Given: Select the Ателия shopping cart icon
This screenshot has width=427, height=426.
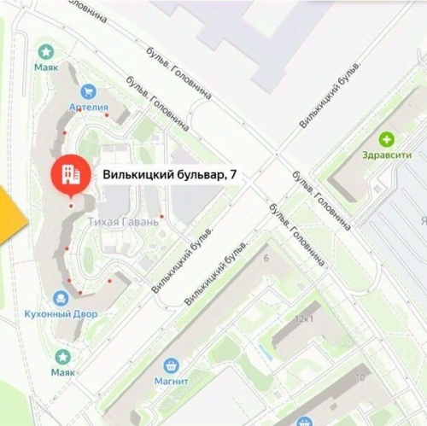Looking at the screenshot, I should coord(87,91).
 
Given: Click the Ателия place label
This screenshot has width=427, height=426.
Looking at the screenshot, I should coord(90,108).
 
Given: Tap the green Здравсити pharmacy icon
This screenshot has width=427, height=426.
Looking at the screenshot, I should coord(389,139).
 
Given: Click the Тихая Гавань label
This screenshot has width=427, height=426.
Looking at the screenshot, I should coord(124,222).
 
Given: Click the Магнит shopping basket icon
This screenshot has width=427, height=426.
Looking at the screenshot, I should coord(171,365).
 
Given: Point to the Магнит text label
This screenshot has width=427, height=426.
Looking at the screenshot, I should coord(171,382).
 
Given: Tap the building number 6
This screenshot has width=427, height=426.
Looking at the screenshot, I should coord(266,258).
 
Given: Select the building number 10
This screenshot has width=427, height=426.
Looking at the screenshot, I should coord(361,376).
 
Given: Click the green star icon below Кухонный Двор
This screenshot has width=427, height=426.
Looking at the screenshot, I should coord(62,357).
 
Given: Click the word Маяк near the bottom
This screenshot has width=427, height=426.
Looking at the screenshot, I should coord(62,373).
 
